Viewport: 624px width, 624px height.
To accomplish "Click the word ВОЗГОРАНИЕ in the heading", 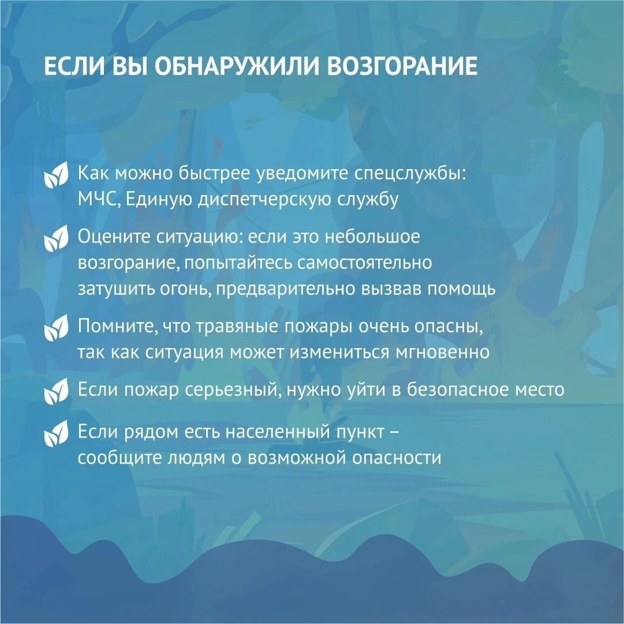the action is (x=402, y=66).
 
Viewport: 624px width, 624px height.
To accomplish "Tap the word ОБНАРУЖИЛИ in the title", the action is (x=237, y=66).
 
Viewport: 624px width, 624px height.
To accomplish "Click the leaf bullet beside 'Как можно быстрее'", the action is (x=56, y=175).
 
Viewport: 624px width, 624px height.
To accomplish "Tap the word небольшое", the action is (x=372, y=237).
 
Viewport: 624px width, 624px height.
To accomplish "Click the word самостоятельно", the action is (x=365, y=263).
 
